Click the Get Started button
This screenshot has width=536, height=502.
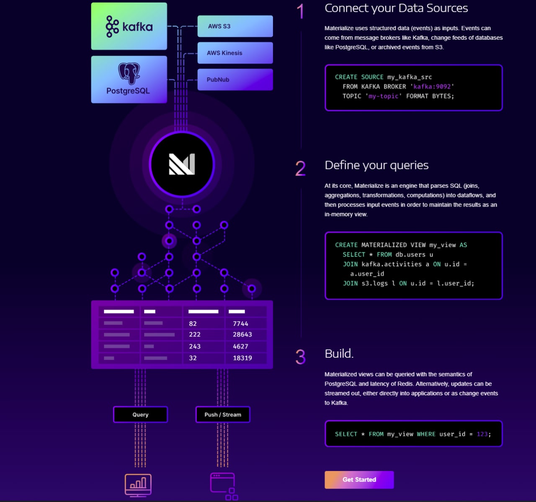359,479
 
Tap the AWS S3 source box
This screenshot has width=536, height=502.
235,26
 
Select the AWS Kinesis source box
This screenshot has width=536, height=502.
235,53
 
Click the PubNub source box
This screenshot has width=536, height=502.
235,79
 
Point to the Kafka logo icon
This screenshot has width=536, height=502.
112,26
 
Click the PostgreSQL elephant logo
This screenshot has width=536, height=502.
129,73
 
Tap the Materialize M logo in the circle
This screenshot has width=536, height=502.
182,164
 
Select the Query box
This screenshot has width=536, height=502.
140,414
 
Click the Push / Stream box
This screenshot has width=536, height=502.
223,414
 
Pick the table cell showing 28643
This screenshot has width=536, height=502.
242,335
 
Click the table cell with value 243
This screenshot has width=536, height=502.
195,346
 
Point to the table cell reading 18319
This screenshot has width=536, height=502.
242,358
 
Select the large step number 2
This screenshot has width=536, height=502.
300,168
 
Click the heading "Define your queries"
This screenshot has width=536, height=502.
376,165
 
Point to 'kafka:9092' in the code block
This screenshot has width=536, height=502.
432,87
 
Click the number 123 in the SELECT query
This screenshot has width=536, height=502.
482,434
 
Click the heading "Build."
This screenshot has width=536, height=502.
339,353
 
